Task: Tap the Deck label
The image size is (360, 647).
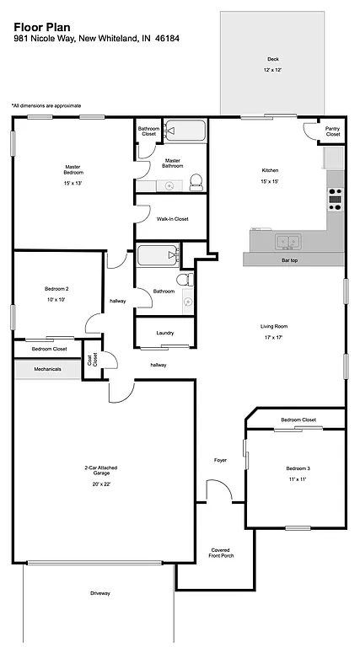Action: (x=272, y=59)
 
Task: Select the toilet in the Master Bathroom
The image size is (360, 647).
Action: (x=196, y=180)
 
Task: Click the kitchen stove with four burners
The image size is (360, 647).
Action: (x=335, y=199)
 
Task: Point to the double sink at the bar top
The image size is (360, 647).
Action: (x=286, y=243)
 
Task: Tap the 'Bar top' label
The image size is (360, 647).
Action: (x=293, y=260)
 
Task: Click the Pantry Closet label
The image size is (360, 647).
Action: (x=333, y=131)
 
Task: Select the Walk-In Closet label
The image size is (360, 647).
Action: (x=172, y=219)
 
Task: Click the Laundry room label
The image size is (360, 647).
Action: (x=165, y=333)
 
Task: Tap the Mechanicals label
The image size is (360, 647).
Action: (x=47, y=369)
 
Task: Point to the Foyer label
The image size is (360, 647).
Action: (x=220, y=460)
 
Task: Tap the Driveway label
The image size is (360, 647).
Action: (x=99, y=594)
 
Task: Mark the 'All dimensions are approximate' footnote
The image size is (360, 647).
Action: (x=46, y=105)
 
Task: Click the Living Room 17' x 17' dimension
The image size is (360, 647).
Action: (x=275, y=337)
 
